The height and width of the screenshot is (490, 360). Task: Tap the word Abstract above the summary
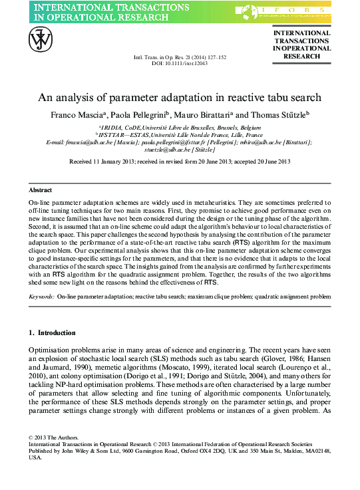pos(41,190)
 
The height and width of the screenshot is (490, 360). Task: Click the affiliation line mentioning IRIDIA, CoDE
pos(180,126)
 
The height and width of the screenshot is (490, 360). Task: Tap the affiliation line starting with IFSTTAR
pos(180,134)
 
